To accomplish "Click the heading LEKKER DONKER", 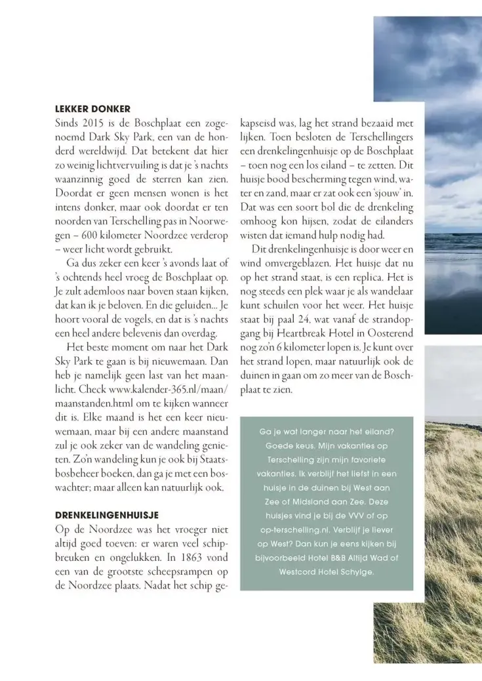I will [92, 109].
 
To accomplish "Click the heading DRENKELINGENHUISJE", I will [107, 515].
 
